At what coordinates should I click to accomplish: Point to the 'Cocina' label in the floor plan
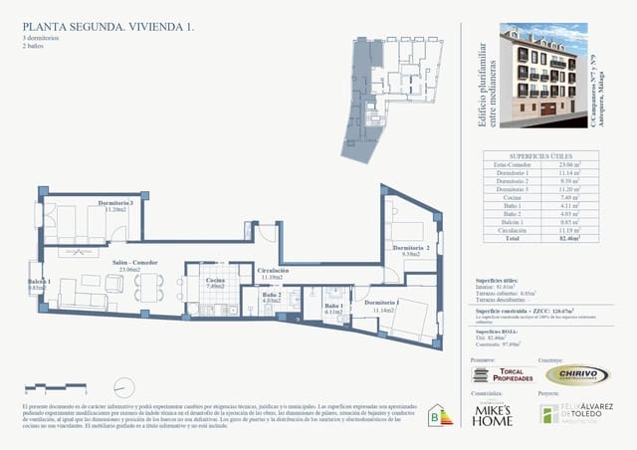tap(215, 281)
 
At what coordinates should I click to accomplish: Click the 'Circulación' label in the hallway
tap(273, 270)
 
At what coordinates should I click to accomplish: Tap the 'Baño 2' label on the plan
tap(272, 295)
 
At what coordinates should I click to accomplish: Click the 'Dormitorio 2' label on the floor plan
tap(410, 248)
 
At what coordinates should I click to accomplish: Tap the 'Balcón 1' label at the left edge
tap(38, 283)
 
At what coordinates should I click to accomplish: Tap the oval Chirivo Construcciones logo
tap(577, 374)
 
